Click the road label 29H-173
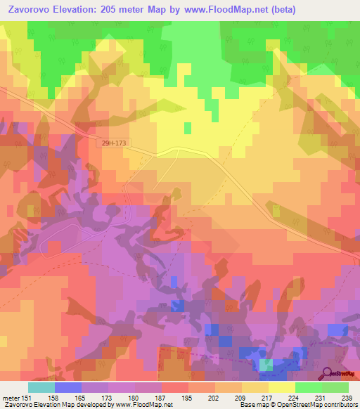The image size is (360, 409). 114,143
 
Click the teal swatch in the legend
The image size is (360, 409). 41,387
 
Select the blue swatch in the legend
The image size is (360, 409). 68,387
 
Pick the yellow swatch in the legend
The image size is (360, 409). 282,387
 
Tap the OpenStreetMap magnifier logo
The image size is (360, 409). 328,372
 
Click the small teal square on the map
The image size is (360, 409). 266,365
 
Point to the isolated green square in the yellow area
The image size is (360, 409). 187,128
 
